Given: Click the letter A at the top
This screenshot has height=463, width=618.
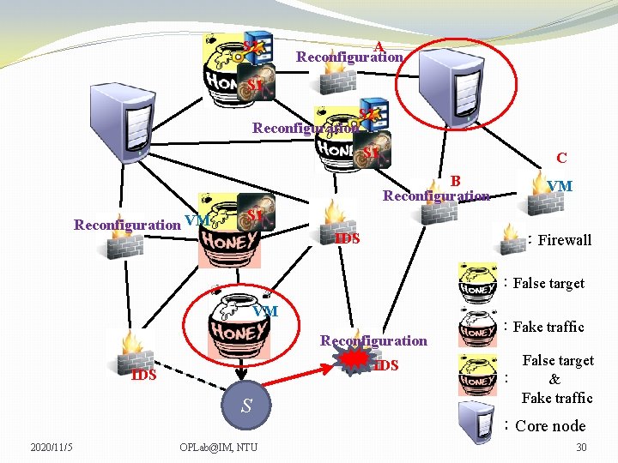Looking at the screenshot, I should point(378,46).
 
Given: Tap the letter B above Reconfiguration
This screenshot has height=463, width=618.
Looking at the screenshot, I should point(456,181).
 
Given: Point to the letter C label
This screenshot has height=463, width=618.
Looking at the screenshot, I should point(560,158).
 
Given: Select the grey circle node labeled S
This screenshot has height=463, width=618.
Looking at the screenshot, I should point(245,406).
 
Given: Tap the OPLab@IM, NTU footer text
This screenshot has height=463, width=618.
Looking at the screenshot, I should point(218,447).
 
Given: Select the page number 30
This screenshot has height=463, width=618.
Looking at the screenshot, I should point(581,447).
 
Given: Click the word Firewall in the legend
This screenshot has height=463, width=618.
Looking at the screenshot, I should point(564,240).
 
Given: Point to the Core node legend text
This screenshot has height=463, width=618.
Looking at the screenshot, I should point(550,426).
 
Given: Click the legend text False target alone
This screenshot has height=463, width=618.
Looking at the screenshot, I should point(548,283).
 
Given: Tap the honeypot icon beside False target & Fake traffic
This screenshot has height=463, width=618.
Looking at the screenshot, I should point(477,375).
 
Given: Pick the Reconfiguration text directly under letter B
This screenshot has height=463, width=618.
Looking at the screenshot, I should point(436,195).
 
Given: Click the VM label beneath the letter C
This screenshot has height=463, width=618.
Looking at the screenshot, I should point(560,185).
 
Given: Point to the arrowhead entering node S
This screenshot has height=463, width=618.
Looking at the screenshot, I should point(245,382).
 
